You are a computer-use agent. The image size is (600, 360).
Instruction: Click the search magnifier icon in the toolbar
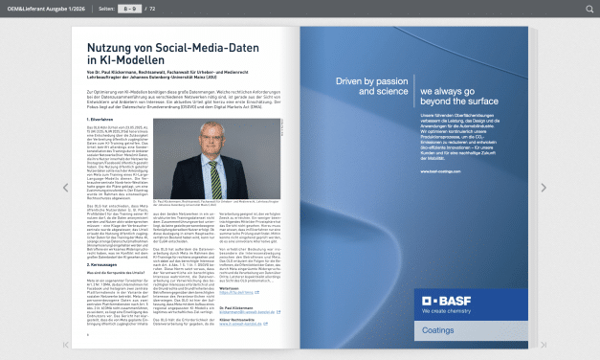[x=589, y=8]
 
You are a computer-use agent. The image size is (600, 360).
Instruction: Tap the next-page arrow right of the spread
[x=543, y=188]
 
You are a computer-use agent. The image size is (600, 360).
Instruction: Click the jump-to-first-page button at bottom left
[x=66, y=344]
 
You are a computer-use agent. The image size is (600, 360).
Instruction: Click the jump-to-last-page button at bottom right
[x=543, y=344]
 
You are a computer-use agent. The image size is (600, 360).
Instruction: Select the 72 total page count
[x=152, y=8]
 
